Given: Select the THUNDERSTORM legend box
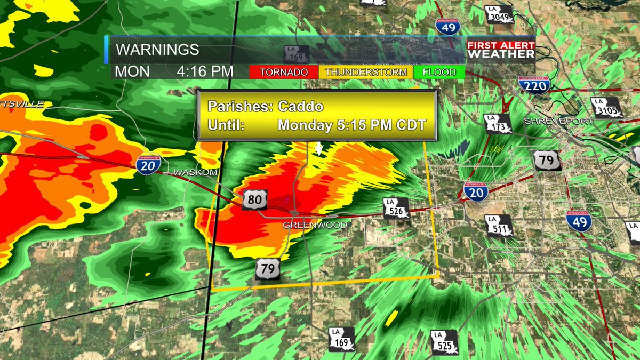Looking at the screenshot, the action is [x=366, y=72].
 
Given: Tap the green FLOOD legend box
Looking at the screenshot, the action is [x=439, y=72].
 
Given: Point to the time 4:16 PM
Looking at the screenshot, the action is [x=205, y=71].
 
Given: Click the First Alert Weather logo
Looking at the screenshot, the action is [x=501, y=50].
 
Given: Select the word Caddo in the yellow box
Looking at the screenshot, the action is [x=300, y=106].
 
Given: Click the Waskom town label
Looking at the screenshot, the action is [x=195, y=172].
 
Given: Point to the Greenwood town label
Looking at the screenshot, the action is [x=315, y=225].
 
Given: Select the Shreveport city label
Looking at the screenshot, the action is [x=558, y=121].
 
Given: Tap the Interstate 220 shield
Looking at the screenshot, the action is [x=533, y=85].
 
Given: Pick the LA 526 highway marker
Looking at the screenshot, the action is [x=396, y=209].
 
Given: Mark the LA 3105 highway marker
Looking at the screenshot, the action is [x=606, y=108].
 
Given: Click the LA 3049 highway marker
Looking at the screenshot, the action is [x=500, y=15].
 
